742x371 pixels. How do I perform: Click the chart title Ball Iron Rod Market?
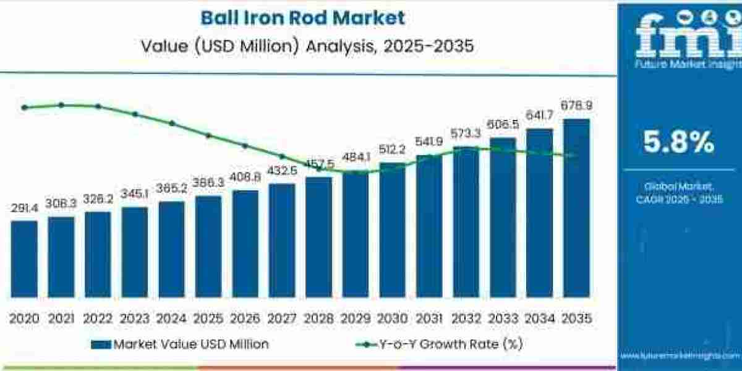(x=303, y=17)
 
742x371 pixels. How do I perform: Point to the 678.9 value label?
(x=576, y=106)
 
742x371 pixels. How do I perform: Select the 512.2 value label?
(x=392, y=150)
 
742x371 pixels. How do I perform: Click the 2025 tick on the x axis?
(x=208, y=318)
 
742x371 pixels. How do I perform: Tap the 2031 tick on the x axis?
(x=429, y=318)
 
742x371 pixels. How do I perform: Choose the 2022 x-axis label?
(x=98, y=318)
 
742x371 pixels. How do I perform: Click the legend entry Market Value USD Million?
(x=179, y=344)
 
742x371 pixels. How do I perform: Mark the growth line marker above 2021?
(x=61, y=105)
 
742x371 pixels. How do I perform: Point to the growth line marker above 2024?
(x=172, y=123)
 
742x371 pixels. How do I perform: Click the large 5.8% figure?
(x=678, y=143)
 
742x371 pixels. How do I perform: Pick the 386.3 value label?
(x=208, y=184)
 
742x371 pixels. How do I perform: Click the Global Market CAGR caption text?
(x=678, y=192)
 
